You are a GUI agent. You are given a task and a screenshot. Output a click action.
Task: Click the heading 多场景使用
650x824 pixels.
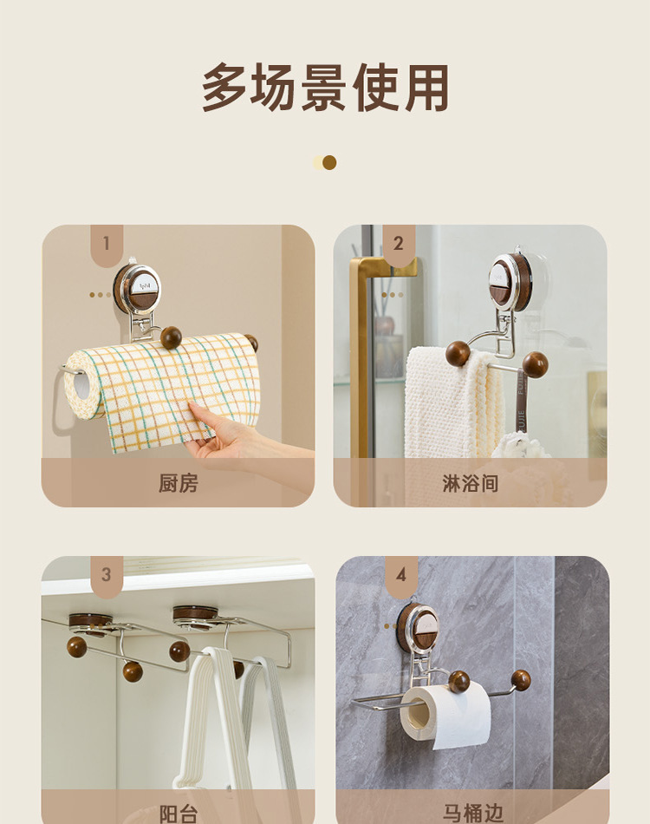(325, 87)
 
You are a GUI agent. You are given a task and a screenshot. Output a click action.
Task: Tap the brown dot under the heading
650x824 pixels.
(329, 163)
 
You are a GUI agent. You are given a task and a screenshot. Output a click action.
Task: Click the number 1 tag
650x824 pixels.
(107, 244)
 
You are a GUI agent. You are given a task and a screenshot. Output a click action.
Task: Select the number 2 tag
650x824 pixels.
(399, 244)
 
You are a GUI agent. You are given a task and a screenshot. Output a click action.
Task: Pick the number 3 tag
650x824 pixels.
(107, 575)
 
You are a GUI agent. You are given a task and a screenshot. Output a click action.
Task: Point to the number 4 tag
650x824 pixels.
(401, 575)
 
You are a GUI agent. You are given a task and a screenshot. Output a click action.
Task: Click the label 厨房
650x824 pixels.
(179, 483)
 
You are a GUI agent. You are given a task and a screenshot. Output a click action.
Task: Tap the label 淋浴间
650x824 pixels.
(471, 483)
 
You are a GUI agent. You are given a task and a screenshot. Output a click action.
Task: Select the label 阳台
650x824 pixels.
(179, 814)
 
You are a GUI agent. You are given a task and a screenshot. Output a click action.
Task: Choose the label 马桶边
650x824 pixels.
(472, 814)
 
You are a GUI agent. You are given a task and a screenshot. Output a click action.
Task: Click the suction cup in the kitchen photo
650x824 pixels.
(137, 289)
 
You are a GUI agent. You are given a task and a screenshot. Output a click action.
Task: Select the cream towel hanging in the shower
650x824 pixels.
(452, 405)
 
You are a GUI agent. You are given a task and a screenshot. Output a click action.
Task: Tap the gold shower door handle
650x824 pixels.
(362, 357)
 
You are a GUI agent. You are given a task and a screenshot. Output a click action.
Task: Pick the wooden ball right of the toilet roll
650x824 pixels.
(521, 681)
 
